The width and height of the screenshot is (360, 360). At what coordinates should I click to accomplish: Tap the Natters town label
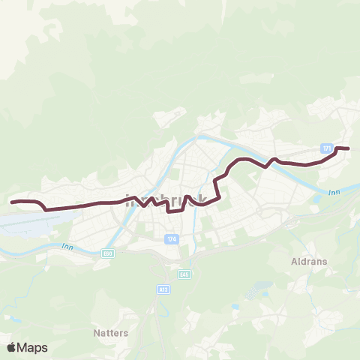[x=112, y=332]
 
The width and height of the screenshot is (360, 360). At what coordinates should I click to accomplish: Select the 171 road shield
[x=326, y=148]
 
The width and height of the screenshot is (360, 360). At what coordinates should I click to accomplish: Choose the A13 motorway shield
[x=163, y=288]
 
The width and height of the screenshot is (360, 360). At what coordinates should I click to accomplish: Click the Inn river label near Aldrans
[x=334, y=193]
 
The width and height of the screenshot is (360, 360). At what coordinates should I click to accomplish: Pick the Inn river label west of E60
[x=67, y=245]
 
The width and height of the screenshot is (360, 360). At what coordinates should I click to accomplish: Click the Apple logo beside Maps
[x=12, y=347]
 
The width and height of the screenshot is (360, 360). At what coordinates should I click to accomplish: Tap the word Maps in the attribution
[x=32, y=347]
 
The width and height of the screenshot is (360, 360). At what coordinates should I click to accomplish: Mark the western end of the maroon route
[x=11, y=202]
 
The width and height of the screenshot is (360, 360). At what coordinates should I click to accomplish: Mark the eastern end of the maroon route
[x=349, y=148]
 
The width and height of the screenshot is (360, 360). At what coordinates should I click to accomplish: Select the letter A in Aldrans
[x=293, y=262]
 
